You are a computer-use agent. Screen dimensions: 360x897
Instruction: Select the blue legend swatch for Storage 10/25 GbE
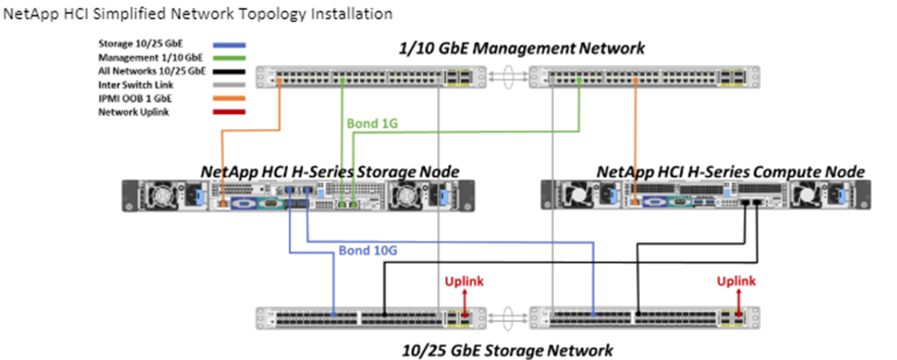pos(228,44)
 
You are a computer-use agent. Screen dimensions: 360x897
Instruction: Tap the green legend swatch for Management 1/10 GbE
pos(228,58)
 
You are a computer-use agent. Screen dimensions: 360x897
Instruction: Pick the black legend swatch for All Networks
pos(228,72)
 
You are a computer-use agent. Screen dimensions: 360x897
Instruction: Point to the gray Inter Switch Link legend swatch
pos(228,85)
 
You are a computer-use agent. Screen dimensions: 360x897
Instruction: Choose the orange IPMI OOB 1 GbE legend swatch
pos(228,98)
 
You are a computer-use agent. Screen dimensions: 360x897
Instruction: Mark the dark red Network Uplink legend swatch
pos(228,112)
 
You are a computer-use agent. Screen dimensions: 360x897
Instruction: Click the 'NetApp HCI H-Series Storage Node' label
pos(330,172)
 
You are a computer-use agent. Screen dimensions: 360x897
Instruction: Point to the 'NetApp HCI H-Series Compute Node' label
pos(730,172)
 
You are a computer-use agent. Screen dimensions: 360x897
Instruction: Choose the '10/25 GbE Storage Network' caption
pos(507,350)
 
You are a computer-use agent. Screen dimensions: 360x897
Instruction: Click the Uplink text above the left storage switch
pos(463,281)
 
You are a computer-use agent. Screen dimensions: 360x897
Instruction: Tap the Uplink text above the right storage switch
pos(737,281)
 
